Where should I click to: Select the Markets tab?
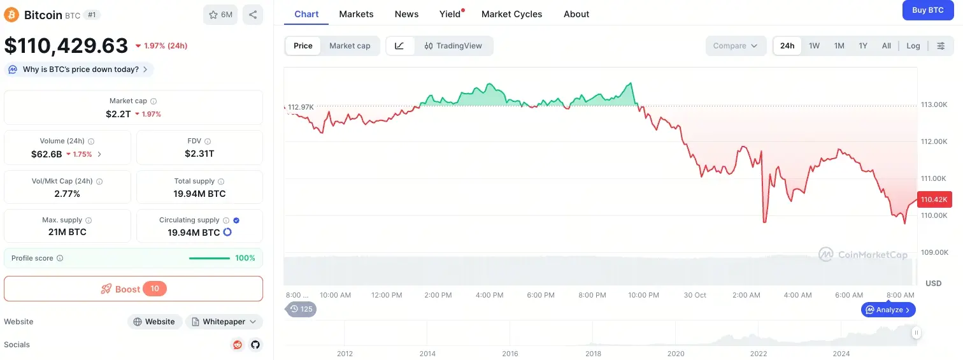[x=356, y=14]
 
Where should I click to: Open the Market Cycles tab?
[x=511, y=14]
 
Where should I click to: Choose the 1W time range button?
[x=814, y=46]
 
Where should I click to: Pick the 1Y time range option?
[x=862, y=46]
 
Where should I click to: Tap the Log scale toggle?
[x=913, y=46]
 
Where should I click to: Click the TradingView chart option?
[x=453, y=46]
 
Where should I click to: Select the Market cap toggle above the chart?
[x=350, y=46]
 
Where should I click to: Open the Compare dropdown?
[x=735, y=46]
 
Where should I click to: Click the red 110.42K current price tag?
[x=934, y=199]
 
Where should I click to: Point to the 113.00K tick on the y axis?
[x=934, y=104]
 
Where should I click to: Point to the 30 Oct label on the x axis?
[x=695, y=295]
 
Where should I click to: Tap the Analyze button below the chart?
[x=888, y=310]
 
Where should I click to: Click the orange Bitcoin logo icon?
[x=11, y=15]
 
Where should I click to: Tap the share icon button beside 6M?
[x=253, y=15]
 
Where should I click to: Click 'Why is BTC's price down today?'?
[x=80, y=69]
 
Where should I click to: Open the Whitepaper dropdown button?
[x=224, y=322]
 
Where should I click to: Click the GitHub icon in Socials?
[x=255, y=345]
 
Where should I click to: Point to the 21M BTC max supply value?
[x=67, y=232]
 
